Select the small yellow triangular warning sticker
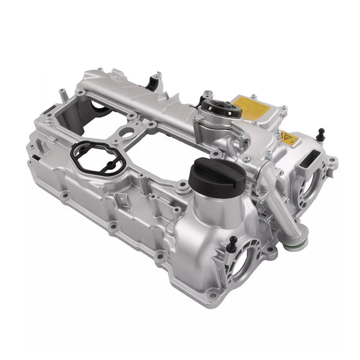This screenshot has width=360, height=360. pyautogui.click(x=290, y=139)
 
